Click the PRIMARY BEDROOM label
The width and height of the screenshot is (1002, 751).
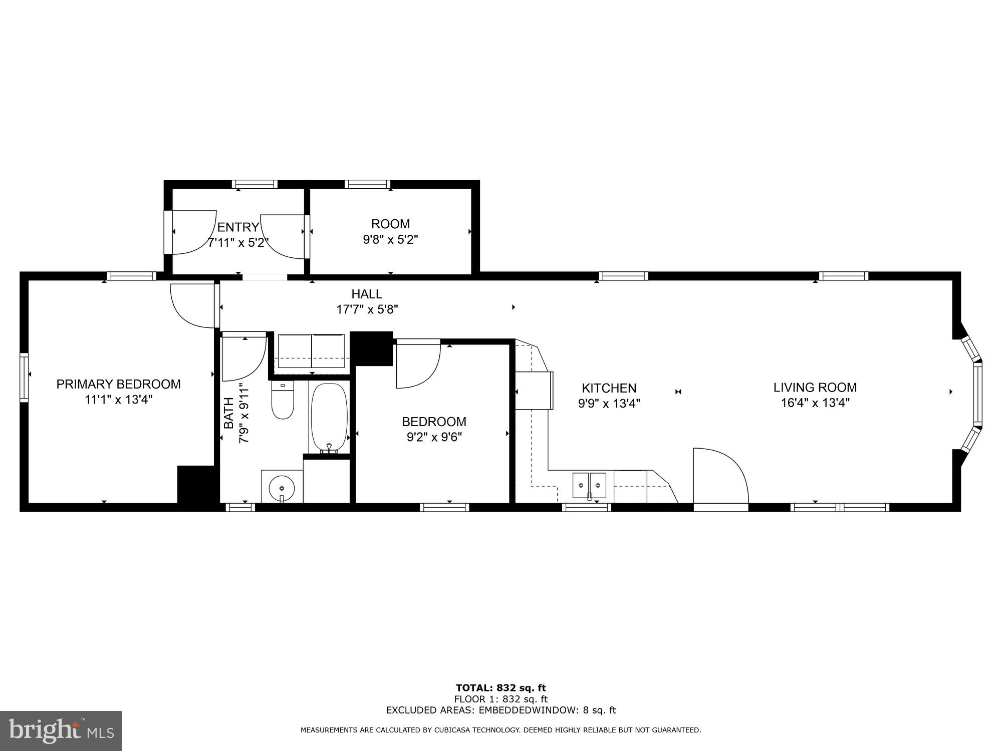point(118,384)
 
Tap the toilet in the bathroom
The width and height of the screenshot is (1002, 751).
point(283,401)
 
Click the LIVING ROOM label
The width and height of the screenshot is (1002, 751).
point(815,387)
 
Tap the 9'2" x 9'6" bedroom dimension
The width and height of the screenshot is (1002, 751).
point(434,437)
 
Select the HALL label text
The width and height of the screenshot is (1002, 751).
point(367,294)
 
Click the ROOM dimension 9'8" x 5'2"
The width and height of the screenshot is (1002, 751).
point(390,239)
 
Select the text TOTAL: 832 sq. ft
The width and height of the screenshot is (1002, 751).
point(500,688)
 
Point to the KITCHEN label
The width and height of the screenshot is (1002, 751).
point(609,388)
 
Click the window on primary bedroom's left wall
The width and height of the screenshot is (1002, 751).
point(24,377)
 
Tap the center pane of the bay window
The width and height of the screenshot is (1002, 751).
point(977,394)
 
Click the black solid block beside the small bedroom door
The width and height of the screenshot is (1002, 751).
point(371,348)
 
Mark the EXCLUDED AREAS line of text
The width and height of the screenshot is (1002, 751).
point(500,710)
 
